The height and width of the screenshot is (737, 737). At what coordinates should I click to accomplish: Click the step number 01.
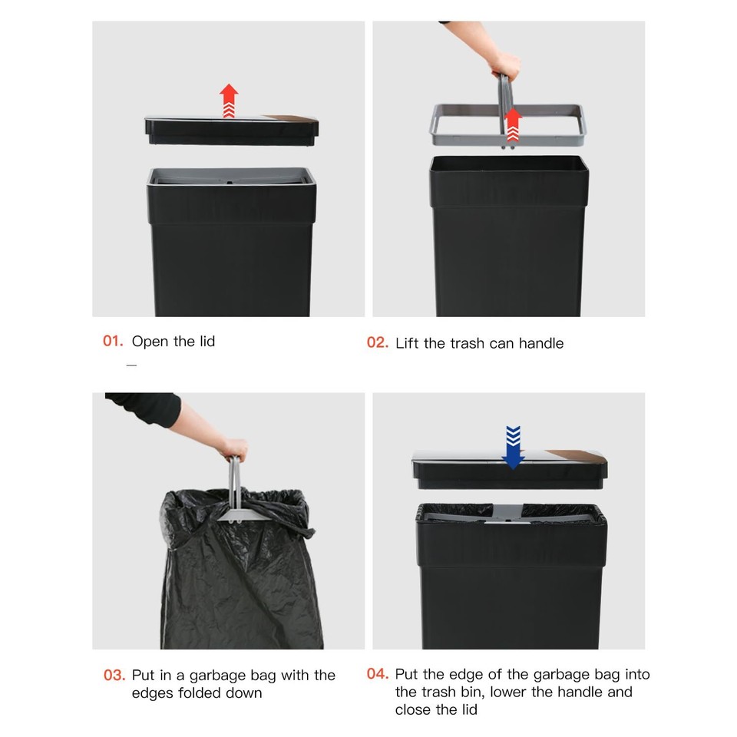(x=113, y=341)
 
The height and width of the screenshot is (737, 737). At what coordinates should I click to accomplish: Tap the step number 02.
(x=377, y=342)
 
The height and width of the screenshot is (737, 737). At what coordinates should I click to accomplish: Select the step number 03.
(x=114, y=676)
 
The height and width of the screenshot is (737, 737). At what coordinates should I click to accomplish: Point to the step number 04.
(x=377, y=674)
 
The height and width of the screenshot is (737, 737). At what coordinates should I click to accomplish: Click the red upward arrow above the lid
(x=229, y=101)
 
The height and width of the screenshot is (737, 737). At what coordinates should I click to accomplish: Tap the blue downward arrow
(x=512, y=447)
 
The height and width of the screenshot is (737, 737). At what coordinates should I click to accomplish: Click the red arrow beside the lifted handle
(x=513, y=124)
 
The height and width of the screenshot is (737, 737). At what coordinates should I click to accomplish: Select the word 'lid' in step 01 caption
(x=206, y=341)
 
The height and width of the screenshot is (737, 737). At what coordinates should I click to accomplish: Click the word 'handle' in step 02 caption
(x=540, y=343)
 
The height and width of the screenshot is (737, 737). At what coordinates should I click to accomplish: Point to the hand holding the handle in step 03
(x=233, y=448)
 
